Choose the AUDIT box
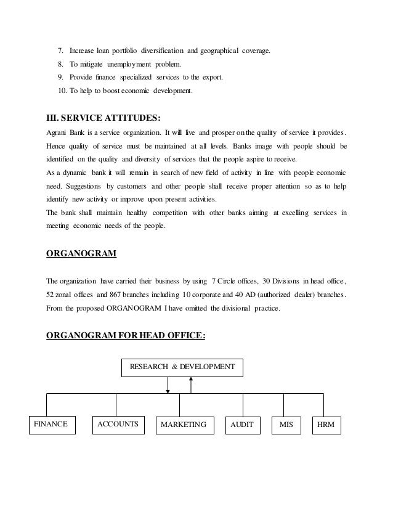coord(241,425)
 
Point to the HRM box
coord(325,425)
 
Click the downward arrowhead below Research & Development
coord(168,389)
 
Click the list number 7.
coord(60,50)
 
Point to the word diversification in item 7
coord(162,50)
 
